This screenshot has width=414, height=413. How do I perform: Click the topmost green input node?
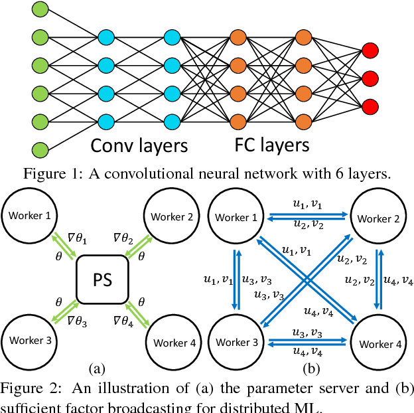40,9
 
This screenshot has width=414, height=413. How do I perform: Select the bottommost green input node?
40,149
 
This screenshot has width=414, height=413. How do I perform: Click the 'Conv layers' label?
139,145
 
